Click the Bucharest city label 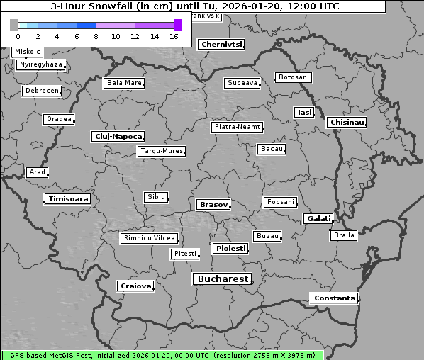pos(223,279)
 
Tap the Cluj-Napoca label pos(118,136)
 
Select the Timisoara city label pos(68,199)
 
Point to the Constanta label pos(334,298)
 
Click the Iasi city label pos(304,113)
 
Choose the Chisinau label pos(347,123)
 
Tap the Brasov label pos(213,205)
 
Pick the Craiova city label pos(135,286)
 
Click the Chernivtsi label pos(221,45)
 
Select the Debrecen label pos(41,91)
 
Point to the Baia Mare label pos(124,83)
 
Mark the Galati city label pos(318,219)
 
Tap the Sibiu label pos(155,197)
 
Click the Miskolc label pos(28,52)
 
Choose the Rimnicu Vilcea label pos(149,238)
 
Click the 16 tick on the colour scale pos(174,35)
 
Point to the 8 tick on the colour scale pos(96,35)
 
